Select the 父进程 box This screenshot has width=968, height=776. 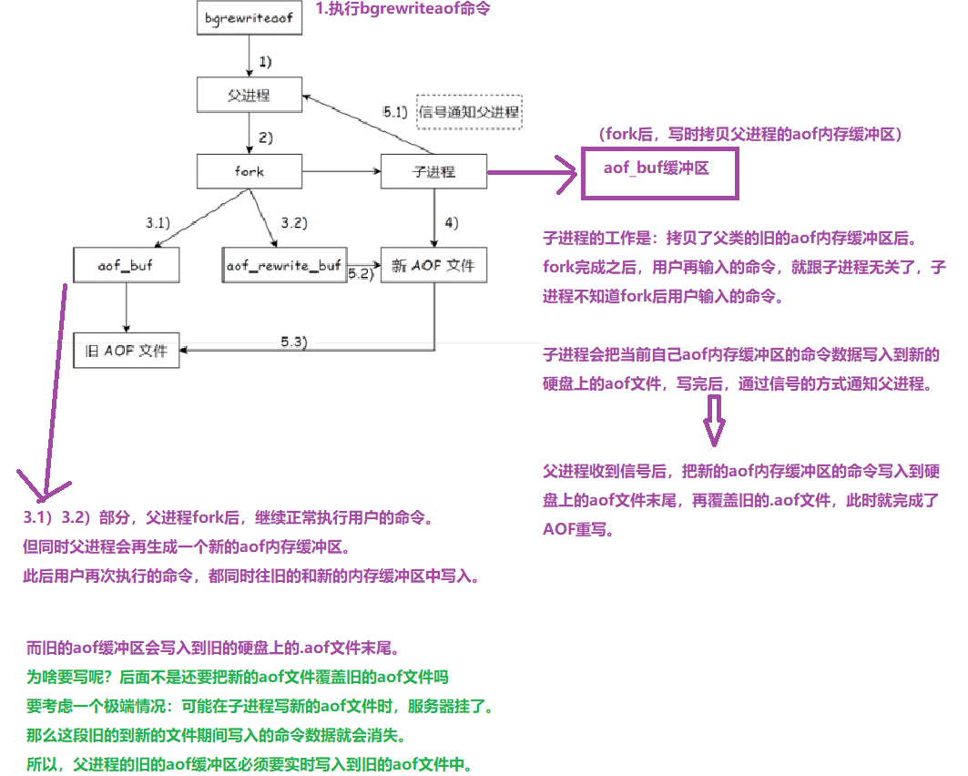tap(250, 94)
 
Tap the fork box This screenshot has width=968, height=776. tap(250, 170)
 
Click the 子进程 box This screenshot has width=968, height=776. tap(433, 170)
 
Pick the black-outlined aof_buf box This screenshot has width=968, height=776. tap(126, 265)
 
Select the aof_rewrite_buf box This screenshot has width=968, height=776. tap(283, 265)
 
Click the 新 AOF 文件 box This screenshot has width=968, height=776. tap(433, 265)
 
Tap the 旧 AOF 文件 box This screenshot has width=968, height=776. tap(127, 351)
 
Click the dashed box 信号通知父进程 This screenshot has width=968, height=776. tap(469, 112)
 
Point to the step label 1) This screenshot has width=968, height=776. tap(266, 62)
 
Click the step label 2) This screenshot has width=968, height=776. tap(266, 138)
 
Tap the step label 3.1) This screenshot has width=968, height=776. tap(158, 221)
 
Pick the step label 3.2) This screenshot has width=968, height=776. tap(295, 221)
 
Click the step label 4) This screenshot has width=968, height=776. tap(451, 221)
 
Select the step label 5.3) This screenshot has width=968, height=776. tap(294, 341)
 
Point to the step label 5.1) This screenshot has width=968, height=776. tap(396, 112)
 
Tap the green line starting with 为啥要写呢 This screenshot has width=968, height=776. tap(238, 678)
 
